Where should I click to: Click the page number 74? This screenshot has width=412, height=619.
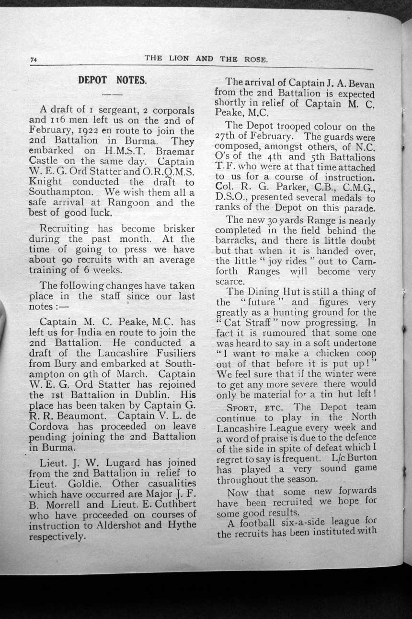[34, 60]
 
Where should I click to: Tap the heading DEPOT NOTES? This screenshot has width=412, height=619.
[112, 80]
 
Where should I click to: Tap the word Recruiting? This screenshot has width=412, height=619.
[64, 228]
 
